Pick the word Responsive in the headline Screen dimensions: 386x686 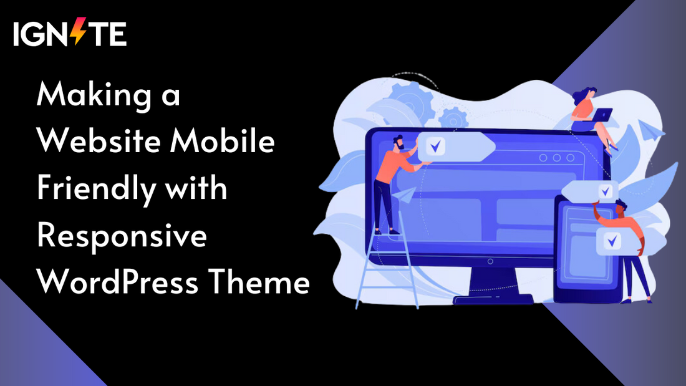coord(122,236)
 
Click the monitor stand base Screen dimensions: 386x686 coord(493,299)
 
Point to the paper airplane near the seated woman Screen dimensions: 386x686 coord(651,129)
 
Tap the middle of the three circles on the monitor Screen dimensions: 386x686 coord(554,158)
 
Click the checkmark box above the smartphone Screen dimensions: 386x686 coord(602,190)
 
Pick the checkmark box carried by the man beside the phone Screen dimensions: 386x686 coord(614,240)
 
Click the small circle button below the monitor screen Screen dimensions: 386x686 coord(490,261)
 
